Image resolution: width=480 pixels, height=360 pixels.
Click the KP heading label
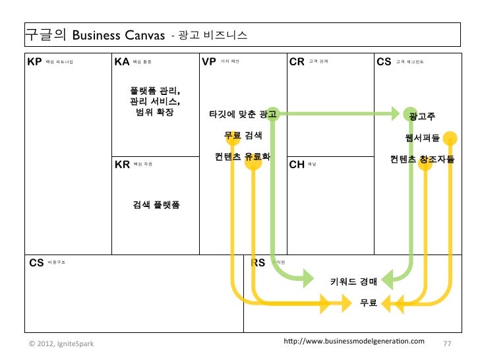[34, 62]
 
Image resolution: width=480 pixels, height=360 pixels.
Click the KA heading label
[122, 62]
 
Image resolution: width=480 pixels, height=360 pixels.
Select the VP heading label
[210, 62]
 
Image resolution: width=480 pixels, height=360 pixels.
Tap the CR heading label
[297, 62]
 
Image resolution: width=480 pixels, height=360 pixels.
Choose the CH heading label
[297, 164]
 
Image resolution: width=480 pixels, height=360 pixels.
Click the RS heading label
[258, 262]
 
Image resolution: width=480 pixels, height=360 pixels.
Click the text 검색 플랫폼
[156, 204]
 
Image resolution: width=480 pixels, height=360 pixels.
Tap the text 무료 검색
[243, 136]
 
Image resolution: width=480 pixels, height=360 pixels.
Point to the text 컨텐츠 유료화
[243, 157]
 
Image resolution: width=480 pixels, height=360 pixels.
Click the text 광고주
[421, 117]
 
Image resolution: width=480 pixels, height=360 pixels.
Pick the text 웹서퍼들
[423, 138]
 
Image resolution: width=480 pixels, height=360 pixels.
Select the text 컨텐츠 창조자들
[422, 159]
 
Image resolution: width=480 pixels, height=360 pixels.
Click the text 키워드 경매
[353, 282]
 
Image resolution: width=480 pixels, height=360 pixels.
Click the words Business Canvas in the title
[113, 34]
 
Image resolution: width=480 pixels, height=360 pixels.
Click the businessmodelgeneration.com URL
[353, 342]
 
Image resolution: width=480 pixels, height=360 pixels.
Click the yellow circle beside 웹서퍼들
[450, 138]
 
